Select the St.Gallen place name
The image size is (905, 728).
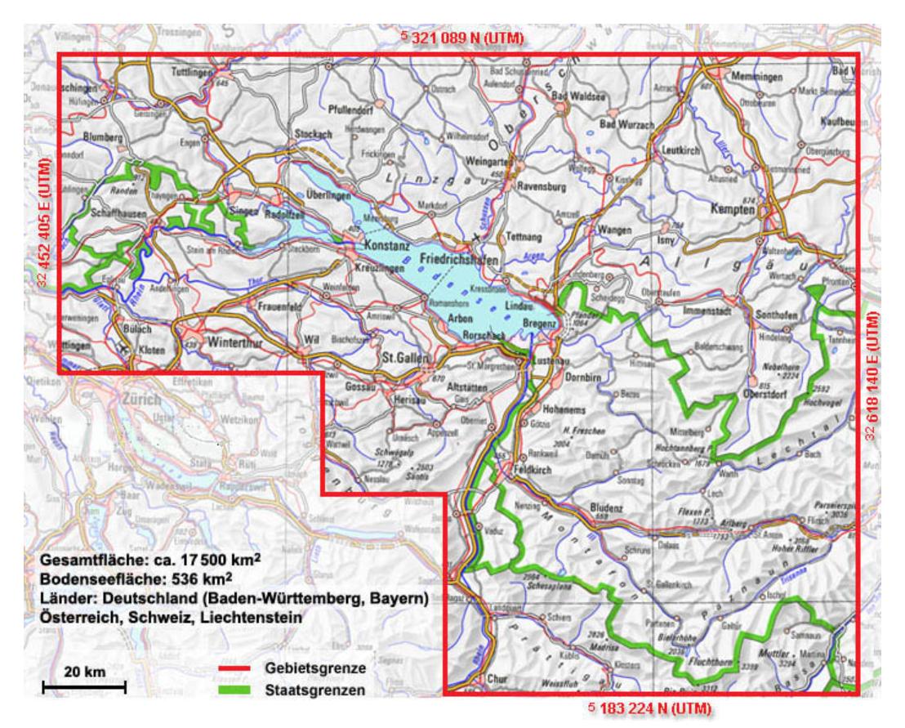(x=400, y=356)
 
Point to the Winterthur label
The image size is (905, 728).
(x=238, y=343)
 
